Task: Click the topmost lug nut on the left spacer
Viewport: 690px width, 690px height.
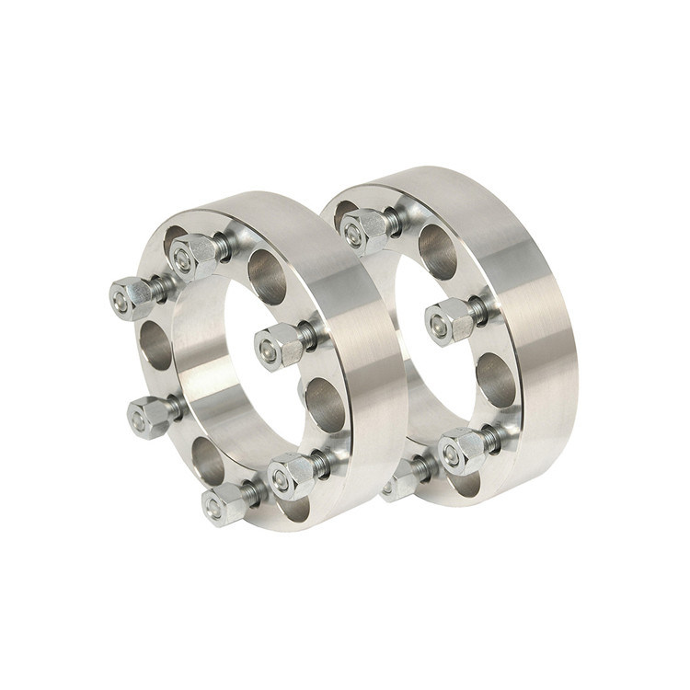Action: (x=194, y=250)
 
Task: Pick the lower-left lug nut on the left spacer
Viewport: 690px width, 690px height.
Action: (x=146, y=418)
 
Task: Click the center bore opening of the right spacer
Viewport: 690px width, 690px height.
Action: (x=405, y=350)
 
